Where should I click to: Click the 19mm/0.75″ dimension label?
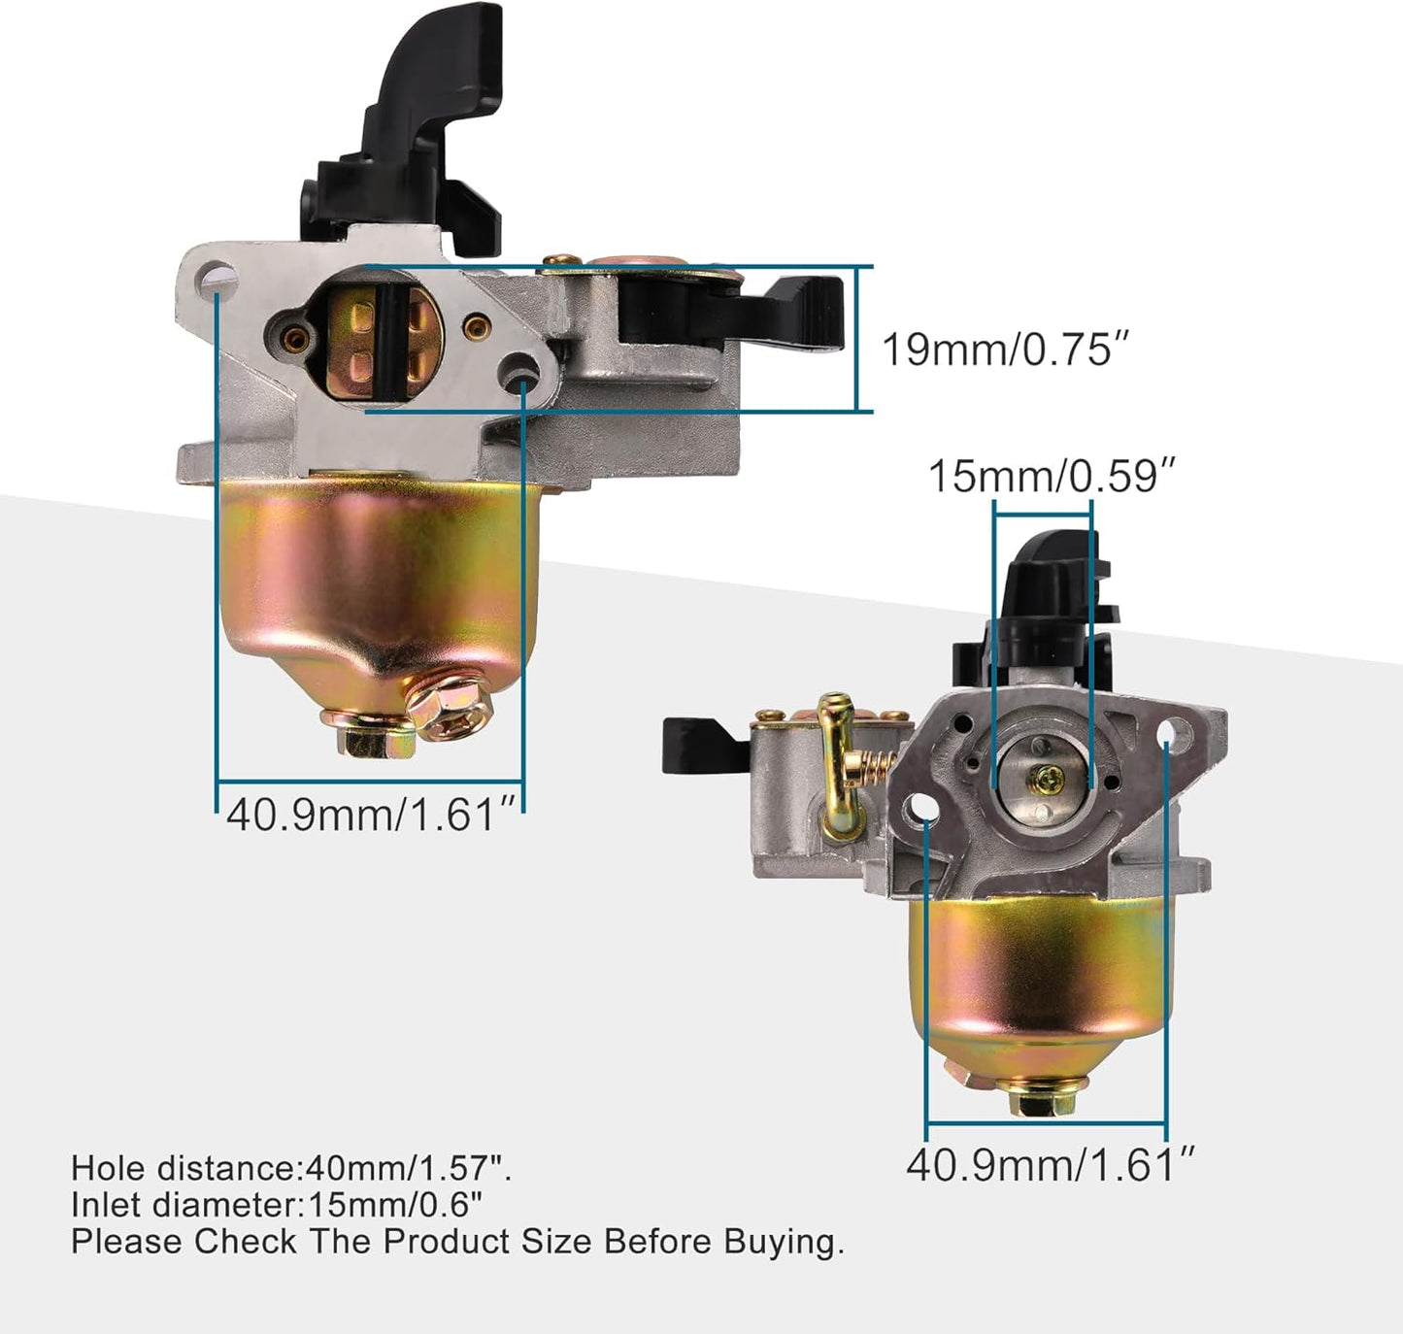[x=1006, y=349]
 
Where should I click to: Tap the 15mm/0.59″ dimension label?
[x=1052, y=477]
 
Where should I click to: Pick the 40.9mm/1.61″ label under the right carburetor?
[x=1050, y=1164]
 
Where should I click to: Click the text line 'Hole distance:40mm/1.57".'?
[x=291, y=1168]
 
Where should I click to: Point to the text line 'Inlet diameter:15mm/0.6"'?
[x=277, y=1205]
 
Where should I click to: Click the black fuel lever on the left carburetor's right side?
[x=738, y=311]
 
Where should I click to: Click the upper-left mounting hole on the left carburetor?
[x=221, y=283]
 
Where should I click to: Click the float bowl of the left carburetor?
[x=374, y=583]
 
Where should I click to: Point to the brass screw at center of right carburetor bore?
[x=1049, y=775]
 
